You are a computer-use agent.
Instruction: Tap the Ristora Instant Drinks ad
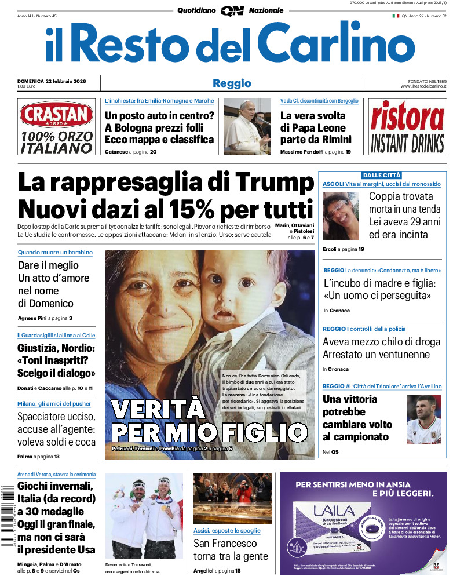pos(407,127)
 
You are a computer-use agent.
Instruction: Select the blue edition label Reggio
pos(232,83)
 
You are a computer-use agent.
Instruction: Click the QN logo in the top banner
pos(232,10)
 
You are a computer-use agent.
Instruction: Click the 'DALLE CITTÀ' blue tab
pos(382,175)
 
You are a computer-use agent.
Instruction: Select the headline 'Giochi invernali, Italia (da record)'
pos(56,492)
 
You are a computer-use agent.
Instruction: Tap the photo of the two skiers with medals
pos(144,516)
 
